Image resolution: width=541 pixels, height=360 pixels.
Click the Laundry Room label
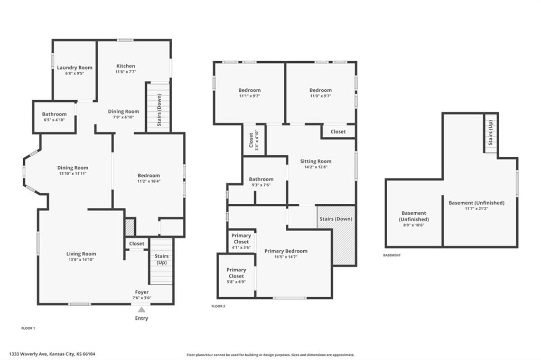[x=74, y=68]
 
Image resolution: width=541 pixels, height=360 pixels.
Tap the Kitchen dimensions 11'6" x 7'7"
[x=126, y=72]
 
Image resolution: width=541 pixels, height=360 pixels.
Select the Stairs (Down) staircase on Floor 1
[x=158, y=107]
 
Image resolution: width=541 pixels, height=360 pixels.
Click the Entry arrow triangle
[x=142, y=309]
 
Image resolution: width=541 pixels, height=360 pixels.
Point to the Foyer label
[x=142, y=292]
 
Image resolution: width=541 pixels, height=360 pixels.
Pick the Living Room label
[x=81, y=254]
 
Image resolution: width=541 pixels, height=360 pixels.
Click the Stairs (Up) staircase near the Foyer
[x=161, y=261]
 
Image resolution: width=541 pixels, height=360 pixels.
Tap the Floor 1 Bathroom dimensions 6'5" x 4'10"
[x=54, y=120]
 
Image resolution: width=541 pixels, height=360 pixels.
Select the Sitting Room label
[x=316, y=161]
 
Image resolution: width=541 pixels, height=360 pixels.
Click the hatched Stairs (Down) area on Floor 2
[x=336, y=235]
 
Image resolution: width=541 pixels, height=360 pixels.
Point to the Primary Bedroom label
[x=286, y=251]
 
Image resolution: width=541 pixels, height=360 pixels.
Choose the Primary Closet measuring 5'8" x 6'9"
[x=236, y=276]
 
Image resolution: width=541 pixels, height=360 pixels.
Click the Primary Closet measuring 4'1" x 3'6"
[x=241, y=241]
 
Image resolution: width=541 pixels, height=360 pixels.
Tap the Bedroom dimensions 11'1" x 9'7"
[x=249, y=96]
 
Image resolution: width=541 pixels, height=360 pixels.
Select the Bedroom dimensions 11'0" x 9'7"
[x=321, y=96]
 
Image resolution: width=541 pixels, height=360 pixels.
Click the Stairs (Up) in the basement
[x=491, y=133]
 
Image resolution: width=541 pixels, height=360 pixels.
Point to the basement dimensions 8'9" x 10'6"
[x=414, y=225]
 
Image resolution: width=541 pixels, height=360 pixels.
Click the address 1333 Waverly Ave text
[x=29, y=354]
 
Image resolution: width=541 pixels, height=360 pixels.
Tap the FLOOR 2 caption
[x=218, y=306]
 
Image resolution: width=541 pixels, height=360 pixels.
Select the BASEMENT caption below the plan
[x=392, y=255]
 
